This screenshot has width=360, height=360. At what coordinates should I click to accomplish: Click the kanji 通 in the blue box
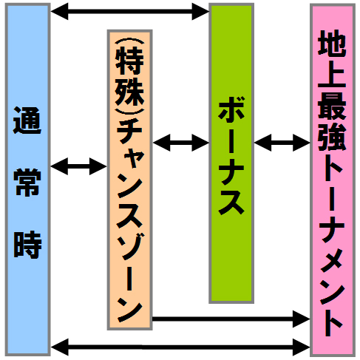click(27, 120)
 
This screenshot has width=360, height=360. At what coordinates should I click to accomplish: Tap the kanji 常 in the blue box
click(27, 183)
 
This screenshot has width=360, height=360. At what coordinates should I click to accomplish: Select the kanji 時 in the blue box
click(27, 245)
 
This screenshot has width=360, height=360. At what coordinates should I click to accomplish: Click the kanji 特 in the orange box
click(129, 61)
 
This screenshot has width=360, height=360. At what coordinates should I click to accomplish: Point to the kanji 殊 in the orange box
click(129, 93)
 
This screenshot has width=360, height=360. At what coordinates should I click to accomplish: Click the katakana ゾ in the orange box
click(130, 247)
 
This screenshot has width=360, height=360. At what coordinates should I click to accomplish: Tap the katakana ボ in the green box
click(231, 109)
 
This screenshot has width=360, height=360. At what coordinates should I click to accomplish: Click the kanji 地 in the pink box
click(332, 42)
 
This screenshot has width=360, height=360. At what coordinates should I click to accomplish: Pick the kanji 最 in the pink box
click(332, 106)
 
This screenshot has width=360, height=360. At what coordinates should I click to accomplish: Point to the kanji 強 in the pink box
click(332, 137)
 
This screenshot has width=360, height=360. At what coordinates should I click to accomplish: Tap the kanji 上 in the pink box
click(332, 74)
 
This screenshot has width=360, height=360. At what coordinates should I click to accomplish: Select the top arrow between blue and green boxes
click(129, 11)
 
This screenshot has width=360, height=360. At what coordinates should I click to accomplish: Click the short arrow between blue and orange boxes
click(78, 166)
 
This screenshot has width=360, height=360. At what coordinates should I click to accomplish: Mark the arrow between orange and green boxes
click(181, 143)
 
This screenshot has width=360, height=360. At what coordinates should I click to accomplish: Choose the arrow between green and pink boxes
click(282, 143)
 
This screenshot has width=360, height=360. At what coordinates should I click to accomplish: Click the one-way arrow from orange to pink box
click(231, 319)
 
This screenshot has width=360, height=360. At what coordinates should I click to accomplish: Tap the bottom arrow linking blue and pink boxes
click(180, 347)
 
